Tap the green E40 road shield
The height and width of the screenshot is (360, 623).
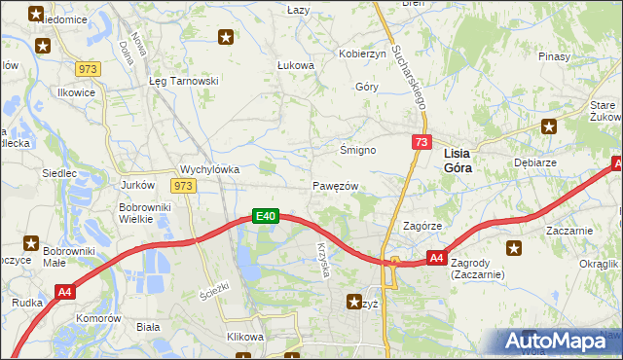[x=267, y=216]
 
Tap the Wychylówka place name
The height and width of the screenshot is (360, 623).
[x=210, y=168]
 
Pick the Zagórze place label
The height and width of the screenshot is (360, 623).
[x=423, y=226]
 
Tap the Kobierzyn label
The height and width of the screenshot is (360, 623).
[x=362, y=54]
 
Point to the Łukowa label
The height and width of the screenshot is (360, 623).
[x=296, y=66]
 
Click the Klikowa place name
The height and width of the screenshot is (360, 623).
[x=245, y=337]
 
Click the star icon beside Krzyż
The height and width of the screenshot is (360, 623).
[x=353, y=303]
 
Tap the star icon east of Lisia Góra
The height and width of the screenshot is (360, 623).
[x=550, y=126]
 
